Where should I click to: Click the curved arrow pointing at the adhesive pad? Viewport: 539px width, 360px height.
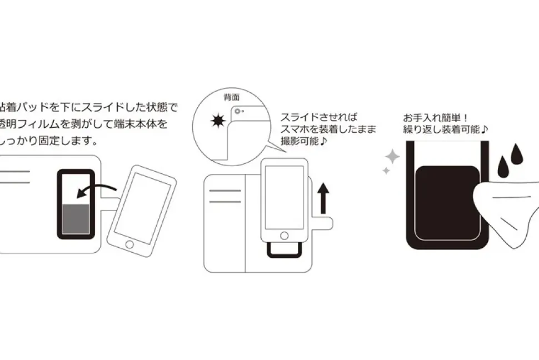tap(97, 189)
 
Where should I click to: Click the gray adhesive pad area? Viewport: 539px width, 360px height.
tap(74, 219)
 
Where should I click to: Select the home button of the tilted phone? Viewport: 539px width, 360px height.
tap(130, 244)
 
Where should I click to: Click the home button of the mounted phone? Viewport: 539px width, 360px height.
tap(284, 233)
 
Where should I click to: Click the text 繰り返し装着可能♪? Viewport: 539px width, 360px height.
tap(445, 131)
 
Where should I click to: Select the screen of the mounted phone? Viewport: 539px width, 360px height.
tap(284, 194)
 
